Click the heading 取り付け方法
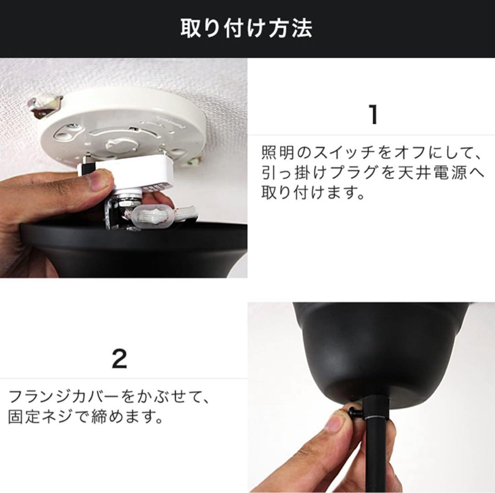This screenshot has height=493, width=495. tap(247, 28)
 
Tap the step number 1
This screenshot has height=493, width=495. tap(374, 115)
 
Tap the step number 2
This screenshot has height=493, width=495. tap(119, 359)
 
